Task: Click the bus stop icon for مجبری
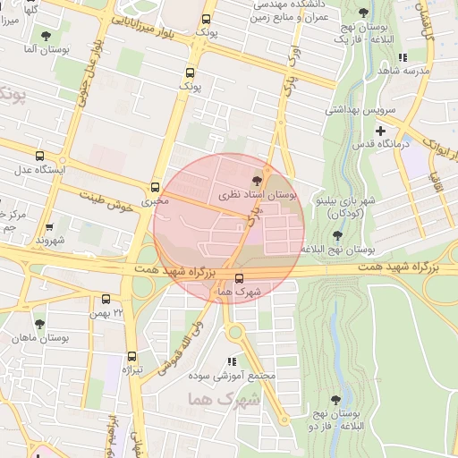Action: (x=156, y=187)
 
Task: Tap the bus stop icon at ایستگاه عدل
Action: (x=38, y=155)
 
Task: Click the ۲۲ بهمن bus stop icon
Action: (x=106, y=300)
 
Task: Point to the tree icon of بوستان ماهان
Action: (x=38, y=324)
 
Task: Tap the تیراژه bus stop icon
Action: (x=132, y=356)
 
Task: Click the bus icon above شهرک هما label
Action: (x=237, y=278)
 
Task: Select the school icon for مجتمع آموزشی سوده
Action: (x=232, y=362)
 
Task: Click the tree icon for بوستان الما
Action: (x=46, y=36)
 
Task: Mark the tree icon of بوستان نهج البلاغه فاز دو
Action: (x=335, y=400)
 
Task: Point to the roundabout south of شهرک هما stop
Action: (x=236, y=334)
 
